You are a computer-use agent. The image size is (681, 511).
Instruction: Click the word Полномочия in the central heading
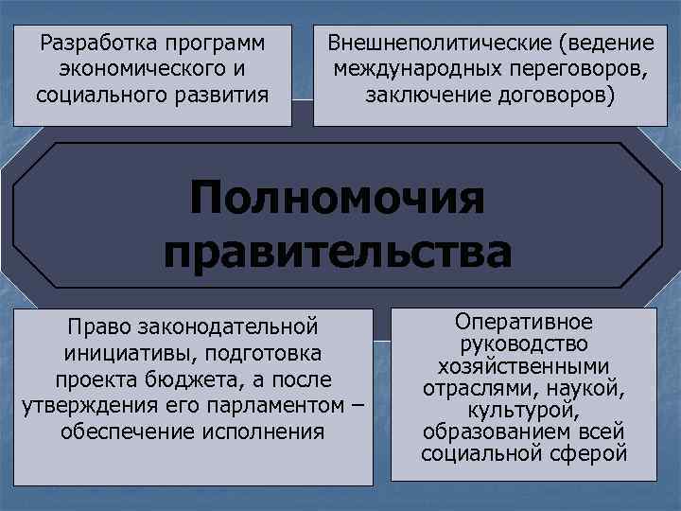point(337,201)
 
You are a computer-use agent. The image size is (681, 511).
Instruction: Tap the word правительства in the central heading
point(338,253)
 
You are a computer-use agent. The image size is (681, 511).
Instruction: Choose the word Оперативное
point(524,322)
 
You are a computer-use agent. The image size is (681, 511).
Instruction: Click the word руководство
point(524,344)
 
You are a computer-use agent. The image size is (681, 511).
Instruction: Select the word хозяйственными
point(524,366)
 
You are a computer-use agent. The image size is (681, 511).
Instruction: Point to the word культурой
point(524,410)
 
